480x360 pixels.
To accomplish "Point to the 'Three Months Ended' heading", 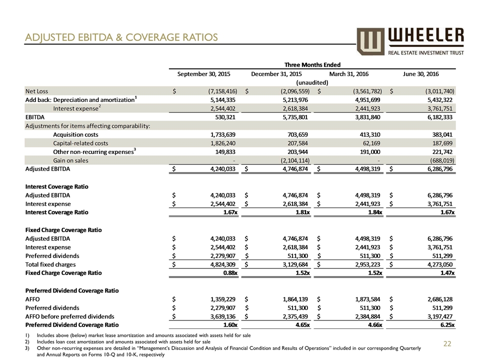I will (x=312, y=64).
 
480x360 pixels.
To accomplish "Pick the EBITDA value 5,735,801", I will (x=290, y=116).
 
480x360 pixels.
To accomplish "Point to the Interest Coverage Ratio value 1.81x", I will (x=298, y=212).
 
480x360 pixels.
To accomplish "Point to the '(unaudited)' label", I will (x=312, y=82).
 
